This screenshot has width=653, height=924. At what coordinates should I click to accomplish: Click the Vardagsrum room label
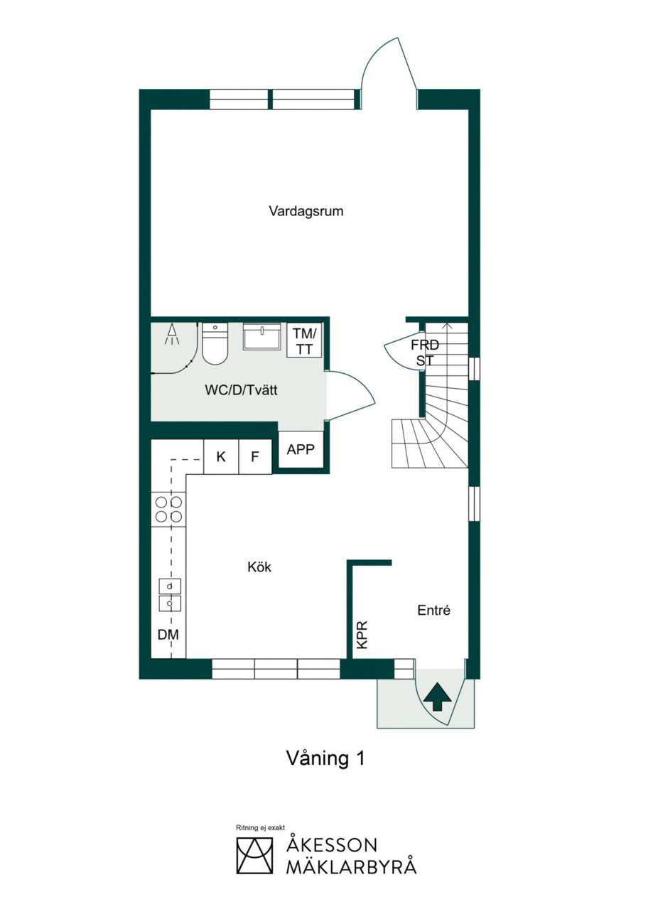[306, 211]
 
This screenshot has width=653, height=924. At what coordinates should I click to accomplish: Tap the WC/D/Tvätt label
[241, 390]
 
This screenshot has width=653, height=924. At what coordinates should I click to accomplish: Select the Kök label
[259, 566]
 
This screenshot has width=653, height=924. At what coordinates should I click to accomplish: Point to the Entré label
[433, 610]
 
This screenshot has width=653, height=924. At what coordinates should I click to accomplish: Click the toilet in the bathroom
[215, 344]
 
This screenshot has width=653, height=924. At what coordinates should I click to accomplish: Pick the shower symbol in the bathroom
[172, 334]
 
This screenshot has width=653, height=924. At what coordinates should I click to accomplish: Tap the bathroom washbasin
[261, 336]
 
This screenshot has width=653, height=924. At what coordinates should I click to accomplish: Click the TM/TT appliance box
[305, 340]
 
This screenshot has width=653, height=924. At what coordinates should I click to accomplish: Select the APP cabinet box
[301, 449]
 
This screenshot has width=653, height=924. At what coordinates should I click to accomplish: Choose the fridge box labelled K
[222, 456]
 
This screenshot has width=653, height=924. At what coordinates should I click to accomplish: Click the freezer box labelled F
[255, 456]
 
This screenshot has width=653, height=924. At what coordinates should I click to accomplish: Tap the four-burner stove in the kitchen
[168, 510]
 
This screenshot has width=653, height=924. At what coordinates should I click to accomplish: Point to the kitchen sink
[169, 596]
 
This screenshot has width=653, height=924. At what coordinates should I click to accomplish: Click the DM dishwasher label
[168, 635]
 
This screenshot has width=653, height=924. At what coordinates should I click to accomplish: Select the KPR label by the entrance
[362, 635]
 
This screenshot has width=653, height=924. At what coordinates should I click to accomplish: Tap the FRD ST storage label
[425, 353]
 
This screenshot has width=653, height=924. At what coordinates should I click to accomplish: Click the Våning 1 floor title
[325, 758]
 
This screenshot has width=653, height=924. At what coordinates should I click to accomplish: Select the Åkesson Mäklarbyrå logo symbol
[254, 856]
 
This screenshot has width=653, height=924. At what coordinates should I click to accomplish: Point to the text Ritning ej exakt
[260, 827]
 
